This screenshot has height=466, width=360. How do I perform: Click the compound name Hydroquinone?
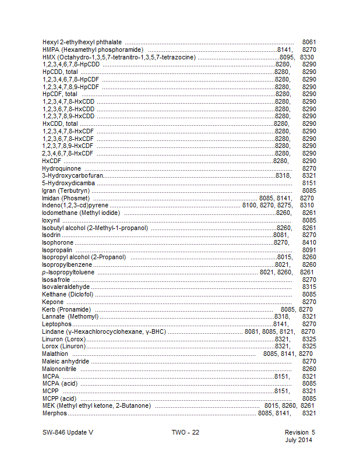click(61, 168)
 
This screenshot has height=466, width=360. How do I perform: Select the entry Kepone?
click(53, 302)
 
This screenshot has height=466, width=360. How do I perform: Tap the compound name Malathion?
click(55, 354)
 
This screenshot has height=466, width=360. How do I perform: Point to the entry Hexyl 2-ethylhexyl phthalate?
click(82, 43)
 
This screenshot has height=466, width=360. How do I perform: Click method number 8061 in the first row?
click(309, 43)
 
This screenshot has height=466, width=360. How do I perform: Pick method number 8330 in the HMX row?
click(308, 57)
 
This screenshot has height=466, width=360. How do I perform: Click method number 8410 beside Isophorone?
click(309, 242)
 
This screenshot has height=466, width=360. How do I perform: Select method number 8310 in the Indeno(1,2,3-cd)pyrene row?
click(307, 206)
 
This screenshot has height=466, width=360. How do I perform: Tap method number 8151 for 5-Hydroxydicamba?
click(309, 183)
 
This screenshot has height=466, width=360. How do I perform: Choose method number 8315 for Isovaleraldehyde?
click(309, 287)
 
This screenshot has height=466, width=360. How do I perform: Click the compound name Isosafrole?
click(56, 280)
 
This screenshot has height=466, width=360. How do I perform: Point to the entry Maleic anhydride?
click(66, 361)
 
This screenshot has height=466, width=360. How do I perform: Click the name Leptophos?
click(57, 324)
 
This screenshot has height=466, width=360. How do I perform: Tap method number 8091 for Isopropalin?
click(309, 250)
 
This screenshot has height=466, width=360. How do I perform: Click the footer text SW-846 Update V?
click(68, 432)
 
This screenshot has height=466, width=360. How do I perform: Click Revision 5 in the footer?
click(299, 432)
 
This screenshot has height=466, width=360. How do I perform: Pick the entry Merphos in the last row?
click(55, 413)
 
